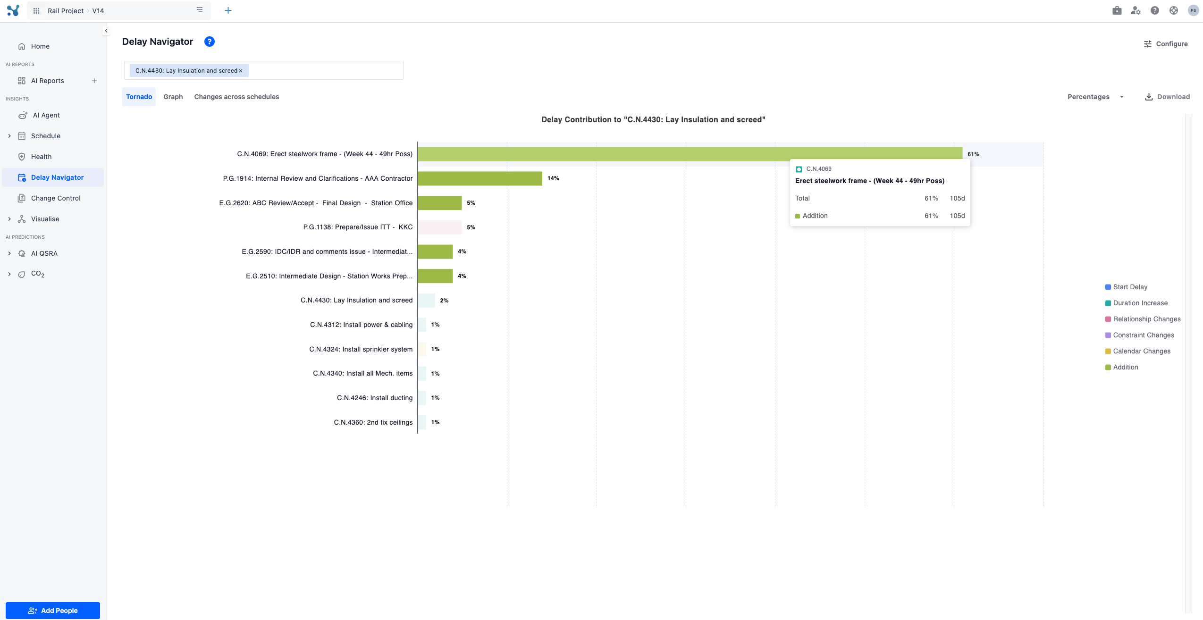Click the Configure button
[x=1166, y=44]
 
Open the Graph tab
[x=173, y=97]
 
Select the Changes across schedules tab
[x=236, y=97]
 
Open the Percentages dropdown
[x=1095, y=97]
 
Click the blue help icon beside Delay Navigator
[x=210, y=42]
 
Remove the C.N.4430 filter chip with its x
[x=241, y=71]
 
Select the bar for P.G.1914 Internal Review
[x=480, y=178]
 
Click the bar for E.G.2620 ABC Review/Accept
[x=439, y=203]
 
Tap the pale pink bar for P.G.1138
[x=439, y=227]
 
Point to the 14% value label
[x=553, y=178]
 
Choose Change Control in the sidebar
[x=56, y=198]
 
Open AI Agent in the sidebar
[x=46, y=115]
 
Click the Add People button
[x=53, y=610]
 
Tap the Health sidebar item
[x=41, y=157]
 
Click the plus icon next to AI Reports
[x=94, y=81]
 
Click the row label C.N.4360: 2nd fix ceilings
[x=373, y=422]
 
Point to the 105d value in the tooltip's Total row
[x=957, y=198]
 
